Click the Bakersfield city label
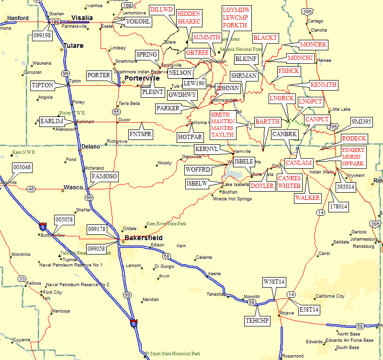[x=143, y=238]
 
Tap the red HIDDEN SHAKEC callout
[x=189, y=17]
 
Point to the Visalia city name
[x=81, y=18]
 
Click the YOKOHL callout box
[x=138, y=22]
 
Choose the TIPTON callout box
[x=42, y=85]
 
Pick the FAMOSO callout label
[x=104, y=177]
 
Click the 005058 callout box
[x=64, y=219]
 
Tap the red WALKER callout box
[x=307, y=197]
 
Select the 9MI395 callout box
[x=361, y=121]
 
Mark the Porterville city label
[x=142, y=78]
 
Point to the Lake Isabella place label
[x=236, y=185]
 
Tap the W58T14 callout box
[x=274, y=281]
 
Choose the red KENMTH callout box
[x=324, y=85]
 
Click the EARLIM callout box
[x=52, y=121]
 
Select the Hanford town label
[x=18, y=18]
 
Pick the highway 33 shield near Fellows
[x=22, y=279]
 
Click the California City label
[x=329, y=296]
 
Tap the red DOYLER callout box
[x=262, y=186]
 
